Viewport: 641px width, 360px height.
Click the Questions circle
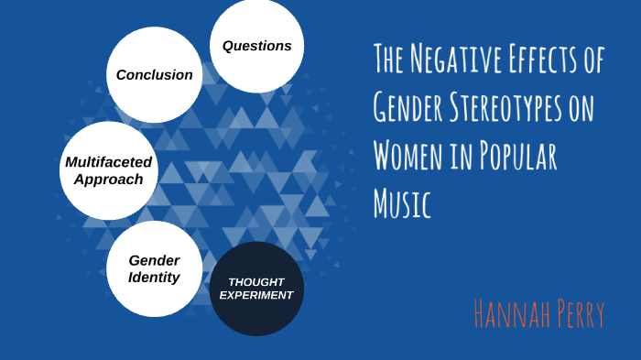click(x=256, y=46)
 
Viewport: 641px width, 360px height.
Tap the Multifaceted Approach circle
click(x=109, y=170)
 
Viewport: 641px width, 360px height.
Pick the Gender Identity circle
click(x=154, y=268)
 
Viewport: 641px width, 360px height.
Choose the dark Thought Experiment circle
click(x=256, y=289)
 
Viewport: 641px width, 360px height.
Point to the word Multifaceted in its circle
click(x=109, y=162)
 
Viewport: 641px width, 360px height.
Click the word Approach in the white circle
click(x=109, y=179)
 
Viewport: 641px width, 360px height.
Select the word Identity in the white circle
click(x=154, y=277)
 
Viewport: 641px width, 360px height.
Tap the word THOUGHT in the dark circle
click(x=256, y=281)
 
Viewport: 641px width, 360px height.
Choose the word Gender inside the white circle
click(x=154, y=260)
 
